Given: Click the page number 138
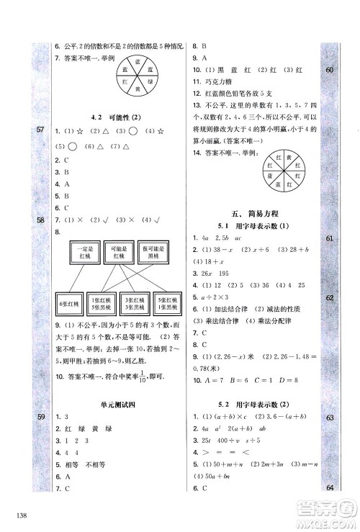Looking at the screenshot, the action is point(19,513).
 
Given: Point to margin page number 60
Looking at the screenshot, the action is point(331,70).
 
